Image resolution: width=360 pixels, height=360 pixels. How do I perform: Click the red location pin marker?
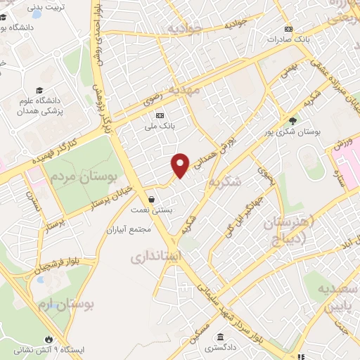coord(180,165)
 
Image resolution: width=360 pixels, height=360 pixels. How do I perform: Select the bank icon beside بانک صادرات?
coord(288,29)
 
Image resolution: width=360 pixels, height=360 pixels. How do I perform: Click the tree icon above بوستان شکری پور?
coord(292,120)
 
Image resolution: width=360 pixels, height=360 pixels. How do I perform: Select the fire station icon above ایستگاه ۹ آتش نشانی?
coord(48,337)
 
